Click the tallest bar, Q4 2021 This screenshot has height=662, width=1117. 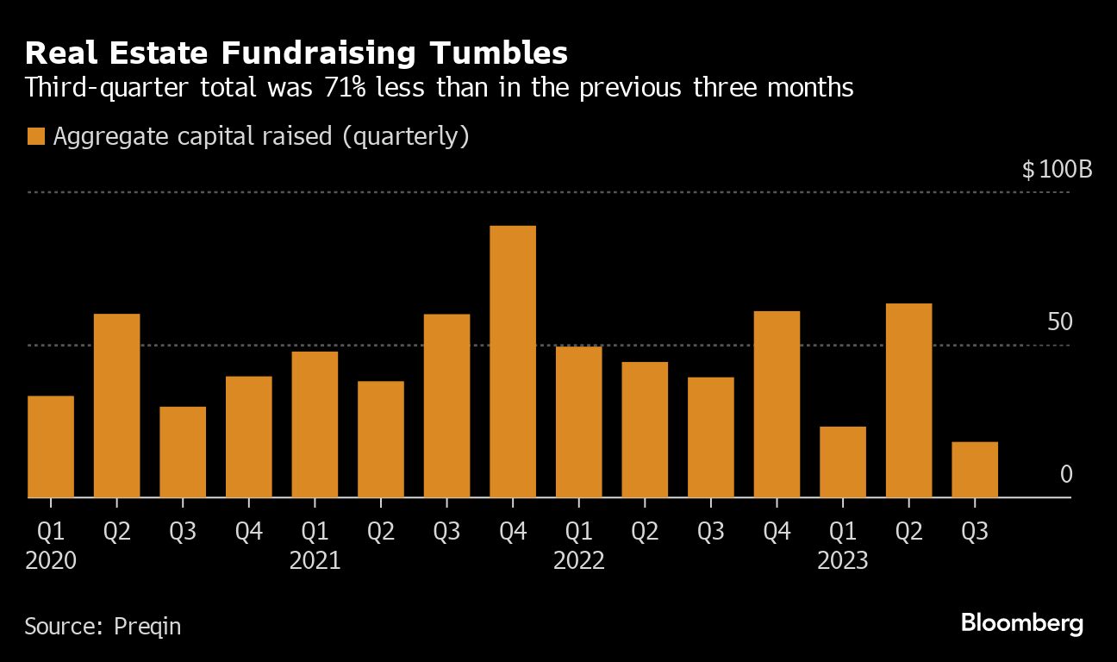coord(513,362)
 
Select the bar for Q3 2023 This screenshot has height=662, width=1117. coord(975,470)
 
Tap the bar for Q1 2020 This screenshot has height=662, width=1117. coord(51,447)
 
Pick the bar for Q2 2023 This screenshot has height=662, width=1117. coord(908,401)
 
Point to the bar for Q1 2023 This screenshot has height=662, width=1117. coord(843,462)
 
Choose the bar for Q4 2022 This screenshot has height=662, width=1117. coord(777,404)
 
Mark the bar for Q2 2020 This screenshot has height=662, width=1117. coord(116,406)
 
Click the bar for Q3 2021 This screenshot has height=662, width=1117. coord(446,406)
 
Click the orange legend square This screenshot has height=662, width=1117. coord(35,137)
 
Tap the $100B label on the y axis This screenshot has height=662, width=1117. coord(1057,169)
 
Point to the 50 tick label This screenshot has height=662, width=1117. coord(1060,322)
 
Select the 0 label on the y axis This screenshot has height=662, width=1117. coord(1066,475)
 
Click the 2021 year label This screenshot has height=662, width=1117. coord(315,561)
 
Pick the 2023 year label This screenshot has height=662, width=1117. coord(843,561)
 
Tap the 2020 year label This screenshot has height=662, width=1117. coord(51,561)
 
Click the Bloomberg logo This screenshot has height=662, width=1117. coord(1021,623)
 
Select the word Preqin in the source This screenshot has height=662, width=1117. coord(147,626)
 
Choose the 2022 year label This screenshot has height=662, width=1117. coord(579,561)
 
